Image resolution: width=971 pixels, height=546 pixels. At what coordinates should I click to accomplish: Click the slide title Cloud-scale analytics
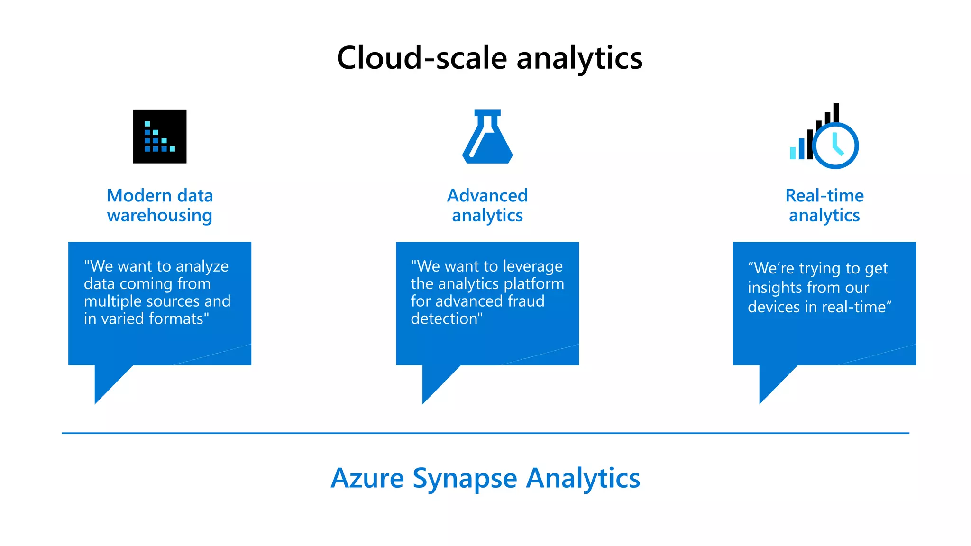(489, 58)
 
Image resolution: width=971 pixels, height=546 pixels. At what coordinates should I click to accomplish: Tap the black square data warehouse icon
(159, 136)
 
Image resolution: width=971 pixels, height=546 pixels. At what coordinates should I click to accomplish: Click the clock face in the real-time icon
(835, 146)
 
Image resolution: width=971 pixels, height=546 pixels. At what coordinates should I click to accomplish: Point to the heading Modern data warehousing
(159, 205)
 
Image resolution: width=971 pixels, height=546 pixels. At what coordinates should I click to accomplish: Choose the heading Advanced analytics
(487, 205)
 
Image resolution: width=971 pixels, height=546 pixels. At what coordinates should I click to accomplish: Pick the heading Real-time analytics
(824, 205)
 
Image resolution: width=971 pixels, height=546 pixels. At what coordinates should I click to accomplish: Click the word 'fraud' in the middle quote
(526, 301)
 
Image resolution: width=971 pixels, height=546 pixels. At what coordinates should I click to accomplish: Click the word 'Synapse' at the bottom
(464, 479)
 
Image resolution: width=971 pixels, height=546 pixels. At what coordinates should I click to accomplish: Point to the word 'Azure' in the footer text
(367, 478)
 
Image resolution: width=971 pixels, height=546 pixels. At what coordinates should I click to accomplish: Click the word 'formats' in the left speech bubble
(176, 318)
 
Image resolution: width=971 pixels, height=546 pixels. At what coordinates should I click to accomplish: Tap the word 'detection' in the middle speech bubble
(444, 318)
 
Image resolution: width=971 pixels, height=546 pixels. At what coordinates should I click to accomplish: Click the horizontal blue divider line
(485, 433)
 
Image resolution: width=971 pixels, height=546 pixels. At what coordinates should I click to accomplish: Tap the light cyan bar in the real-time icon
(793, 153)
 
